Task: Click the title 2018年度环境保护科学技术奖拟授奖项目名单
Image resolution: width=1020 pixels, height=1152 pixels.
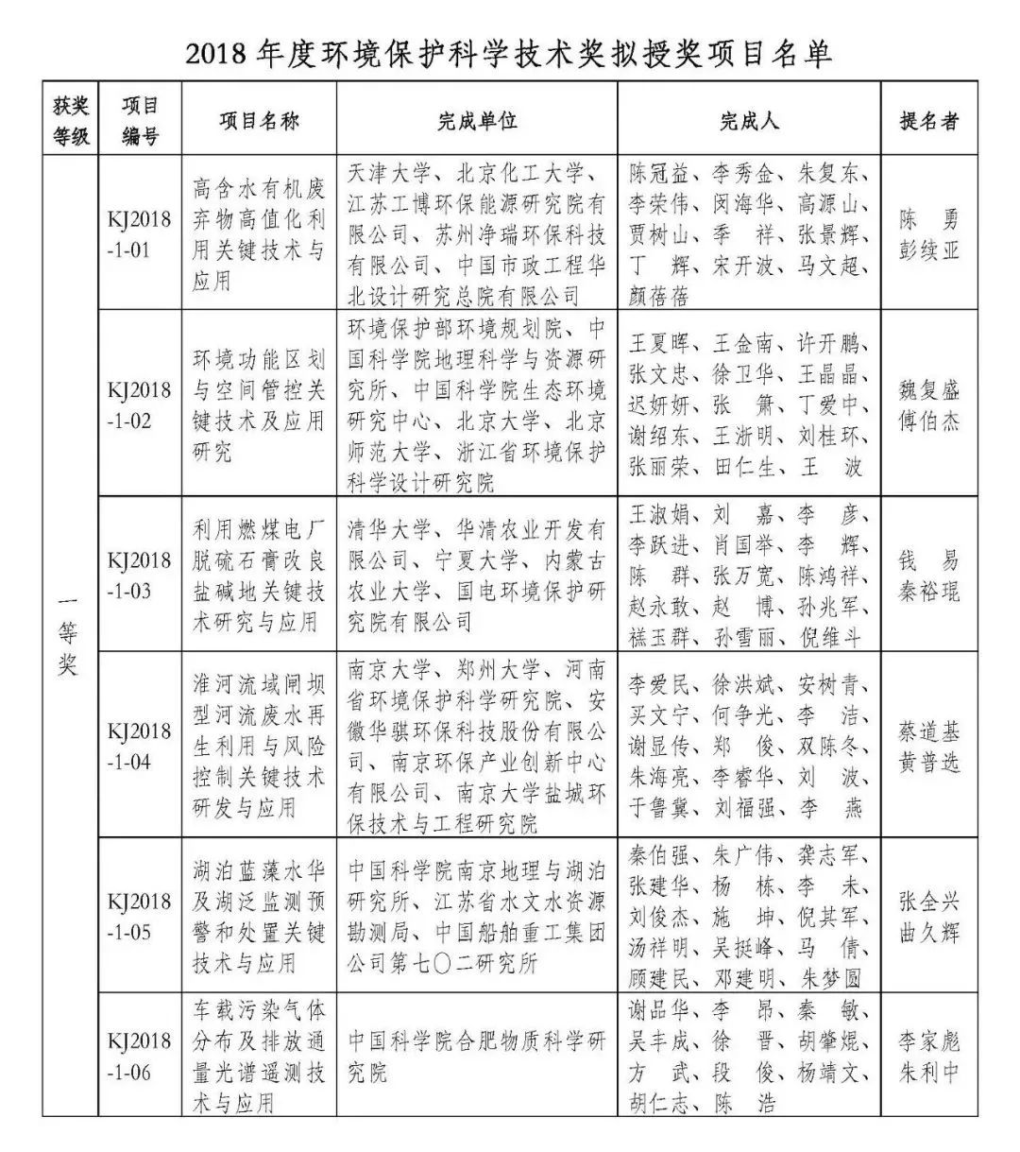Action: (509, 53)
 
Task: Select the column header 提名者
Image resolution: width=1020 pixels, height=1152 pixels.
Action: (928, 121)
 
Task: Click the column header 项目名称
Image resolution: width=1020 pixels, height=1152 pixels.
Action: (259, 121)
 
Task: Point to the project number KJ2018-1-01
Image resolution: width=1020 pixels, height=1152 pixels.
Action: (139, 235)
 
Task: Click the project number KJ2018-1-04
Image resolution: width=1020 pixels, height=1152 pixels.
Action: (139, 746)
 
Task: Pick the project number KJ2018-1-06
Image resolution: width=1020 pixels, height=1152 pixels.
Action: (139, 1057)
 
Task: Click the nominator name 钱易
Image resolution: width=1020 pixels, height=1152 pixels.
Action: (929, 560)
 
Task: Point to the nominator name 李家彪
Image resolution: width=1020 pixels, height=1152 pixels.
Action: (929, 1042)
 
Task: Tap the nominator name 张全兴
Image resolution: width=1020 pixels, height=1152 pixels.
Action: (929, 902)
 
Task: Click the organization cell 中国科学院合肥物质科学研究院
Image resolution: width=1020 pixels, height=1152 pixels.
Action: (476, 1057)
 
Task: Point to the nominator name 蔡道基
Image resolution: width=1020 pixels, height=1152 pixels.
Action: (929, 731)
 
